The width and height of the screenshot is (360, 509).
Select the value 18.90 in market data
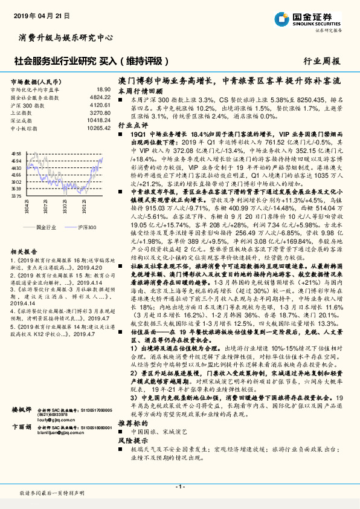point(103,89)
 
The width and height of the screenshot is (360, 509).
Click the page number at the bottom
point(179,487)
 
